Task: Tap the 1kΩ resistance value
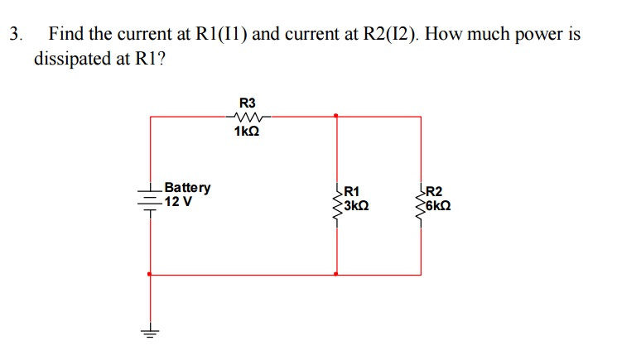tap(247, 131)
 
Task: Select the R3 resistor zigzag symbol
tap(247, 117)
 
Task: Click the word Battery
tap(188, 188)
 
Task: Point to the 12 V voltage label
tap(179, 201)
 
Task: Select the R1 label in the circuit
tap(351, 190)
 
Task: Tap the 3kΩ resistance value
tap(354, 204)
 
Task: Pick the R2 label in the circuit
tap(433, 190)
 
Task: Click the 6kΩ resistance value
tap(436, 204)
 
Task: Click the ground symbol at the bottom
tap(150, 334)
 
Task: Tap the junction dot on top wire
tap(335, 116)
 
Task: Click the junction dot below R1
tap(335, 274)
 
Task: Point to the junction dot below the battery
tap(150, 274)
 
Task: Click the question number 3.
tap(14, 35)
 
